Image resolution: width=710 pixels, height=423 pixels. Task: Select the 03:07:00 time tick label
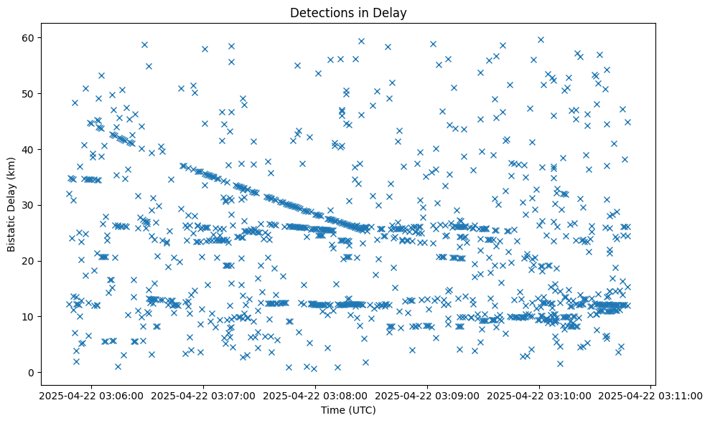coord(203,395)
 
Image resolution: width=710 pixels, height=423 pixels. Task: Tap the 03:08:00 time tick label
coord(315,395)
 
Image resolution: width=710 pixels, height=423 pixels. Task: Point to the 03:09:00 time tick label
coord(427,395)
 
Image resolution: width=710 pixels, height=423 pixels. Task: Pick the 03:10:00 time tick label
coord(539,395)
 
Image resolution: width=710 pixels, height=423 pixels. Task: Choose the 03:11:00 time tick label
coord(651,395)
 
